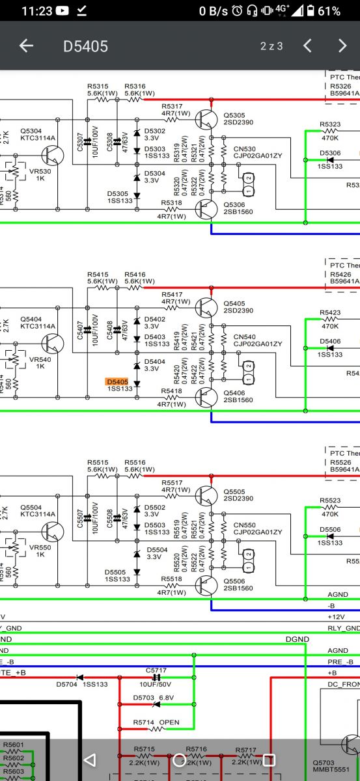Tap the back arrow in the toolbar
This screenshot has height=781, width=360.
pyautogui.click(x=25, y=46)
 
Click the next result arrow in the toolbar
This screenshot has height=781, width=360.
pyautogui.click(x=342, y=46)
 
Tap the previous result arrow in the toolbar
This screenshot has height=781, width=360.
pyautogui.click(x=308, y=46)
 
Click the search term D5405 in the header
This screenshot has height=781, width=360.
pyautogui.click(x=85, y=46)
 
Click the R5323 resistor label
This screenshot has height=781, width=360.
pyautogui.click(x=330, y=124)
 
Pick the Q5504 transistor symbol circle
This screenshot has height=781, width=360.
pyautogui.click(x=53, y=532)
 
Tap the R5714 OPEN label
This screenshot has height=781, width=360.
pyautogui.click(x=156, y=722)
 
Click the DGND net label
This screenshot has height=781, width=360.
pyautogui.click(x=297, y=639)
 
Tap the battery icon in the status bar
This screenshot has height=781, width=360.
pyautogui.click(x=312, y=11)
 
